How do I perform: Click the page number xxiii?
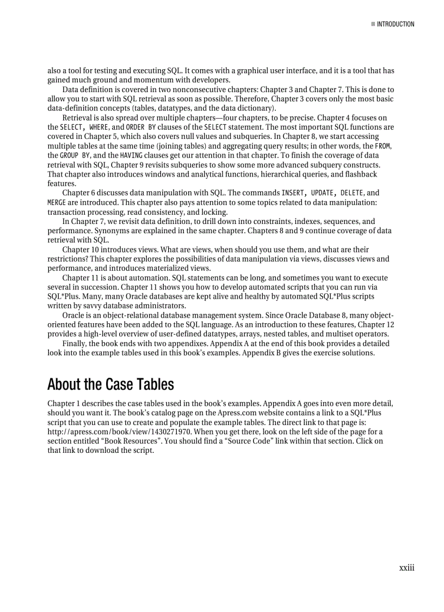point(406,568)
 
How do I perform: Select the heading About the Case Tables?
point(110,384)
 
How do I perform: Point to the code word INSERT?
point(293,193)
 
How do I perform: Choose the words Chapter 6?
point(80,193)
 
